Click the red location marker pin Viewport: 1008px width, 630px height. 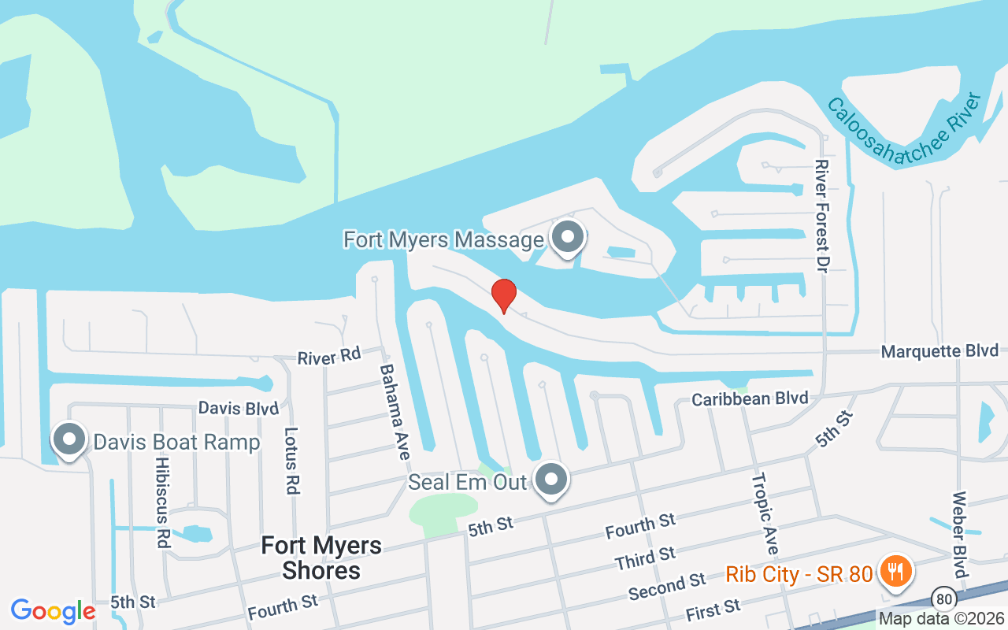tap(504, 295)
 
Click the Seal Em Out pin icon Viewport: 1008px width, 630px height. tap(552, 480)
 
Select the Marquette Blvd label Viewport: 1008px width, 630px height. tap(939, 351)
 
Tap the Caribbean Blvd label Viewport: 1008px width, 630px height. tap(750, 398)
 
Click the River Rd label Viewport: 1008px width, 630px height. tap(328, 358)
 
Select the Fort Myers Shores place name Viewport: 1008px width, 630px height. tap(321, 558)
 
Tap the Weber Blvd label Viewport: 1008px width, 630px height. tap(959, 535)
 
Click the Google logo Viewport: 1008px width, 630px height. tap(54, 611)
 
